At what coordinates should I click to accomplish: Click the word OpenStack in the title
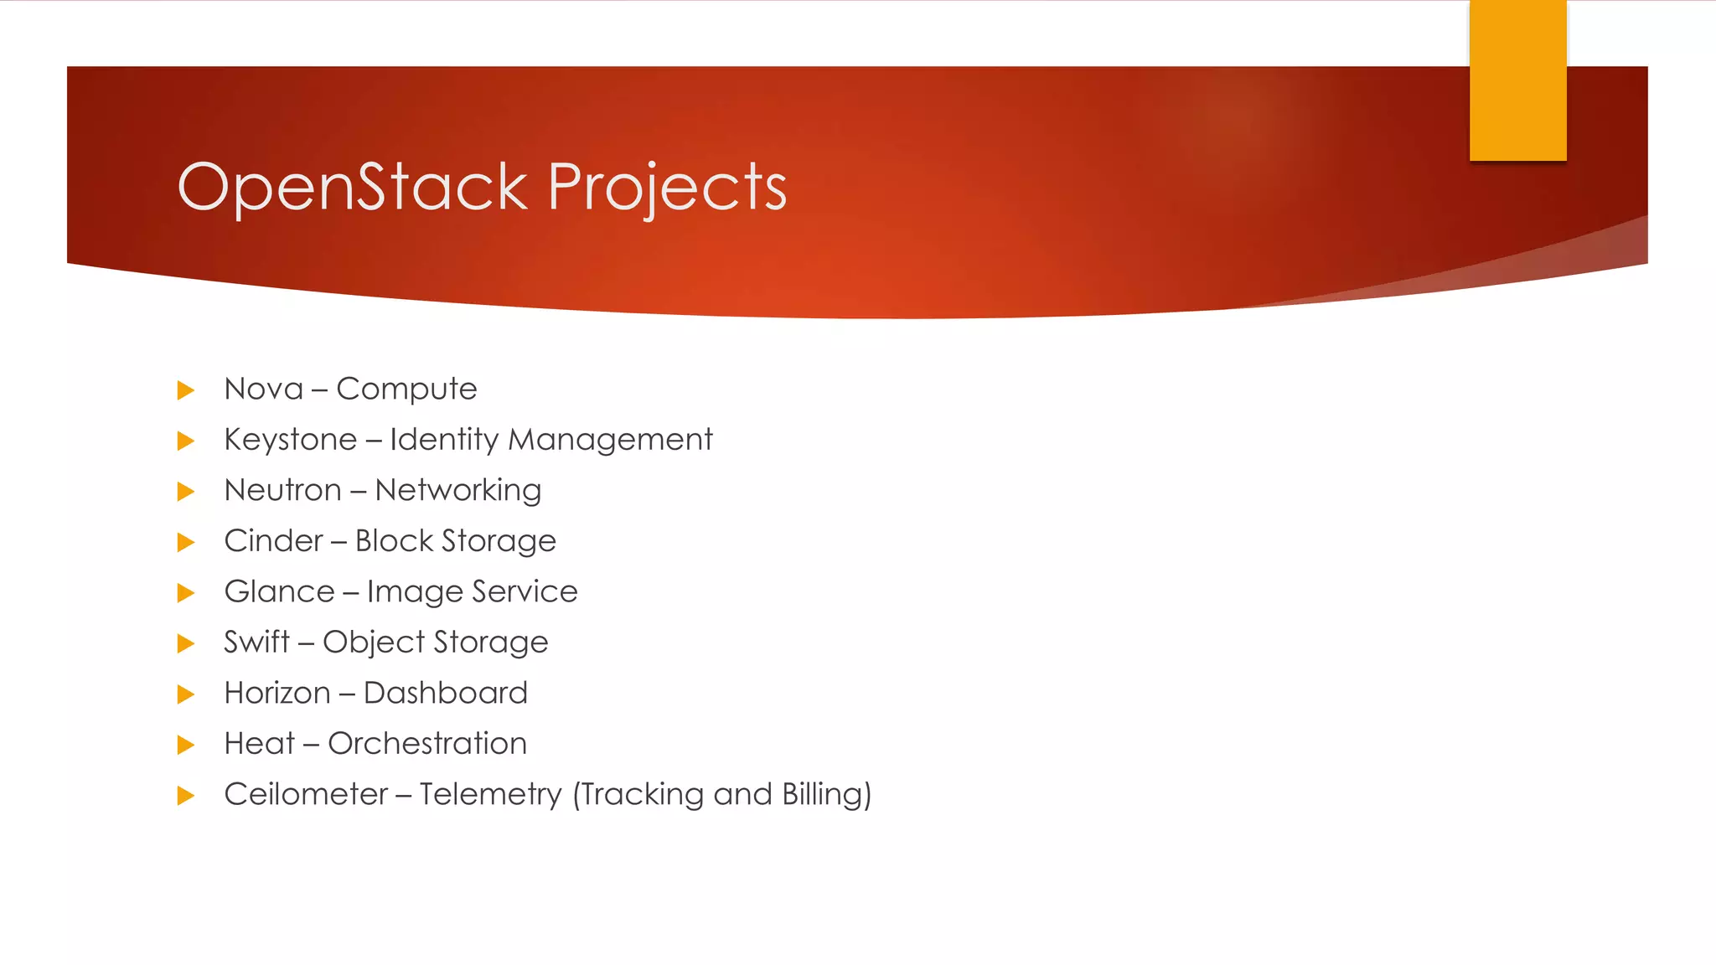352,186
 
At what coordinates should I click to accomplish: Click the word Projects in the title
667,188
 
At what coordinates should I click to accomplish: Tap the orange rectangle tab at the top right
1517,80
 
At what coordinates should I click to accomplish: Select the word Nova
263,389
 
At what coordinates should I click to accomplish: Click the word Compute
406,390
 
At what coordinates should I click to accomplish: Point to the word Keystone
290,440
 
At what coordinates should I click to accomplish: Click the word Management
610,440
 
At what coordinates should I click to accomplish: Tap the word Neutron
282,490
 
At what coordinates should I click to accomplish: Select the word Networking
457,491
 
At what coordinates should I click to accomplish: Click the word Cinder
273,541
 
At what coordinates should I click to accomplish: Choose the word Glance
279,591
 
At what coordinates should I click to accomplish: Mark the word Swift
256,642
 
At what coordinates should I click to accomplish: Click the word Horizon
277,693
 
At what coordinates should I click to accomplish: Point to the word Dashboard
445,693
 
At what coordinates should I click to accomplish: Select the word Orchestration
426,744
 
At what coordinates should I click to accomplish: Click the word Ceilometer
305,794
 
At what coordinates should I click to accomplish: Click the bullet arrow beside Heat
186,745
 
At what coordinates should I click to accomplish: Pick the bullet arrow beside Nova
186,390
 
